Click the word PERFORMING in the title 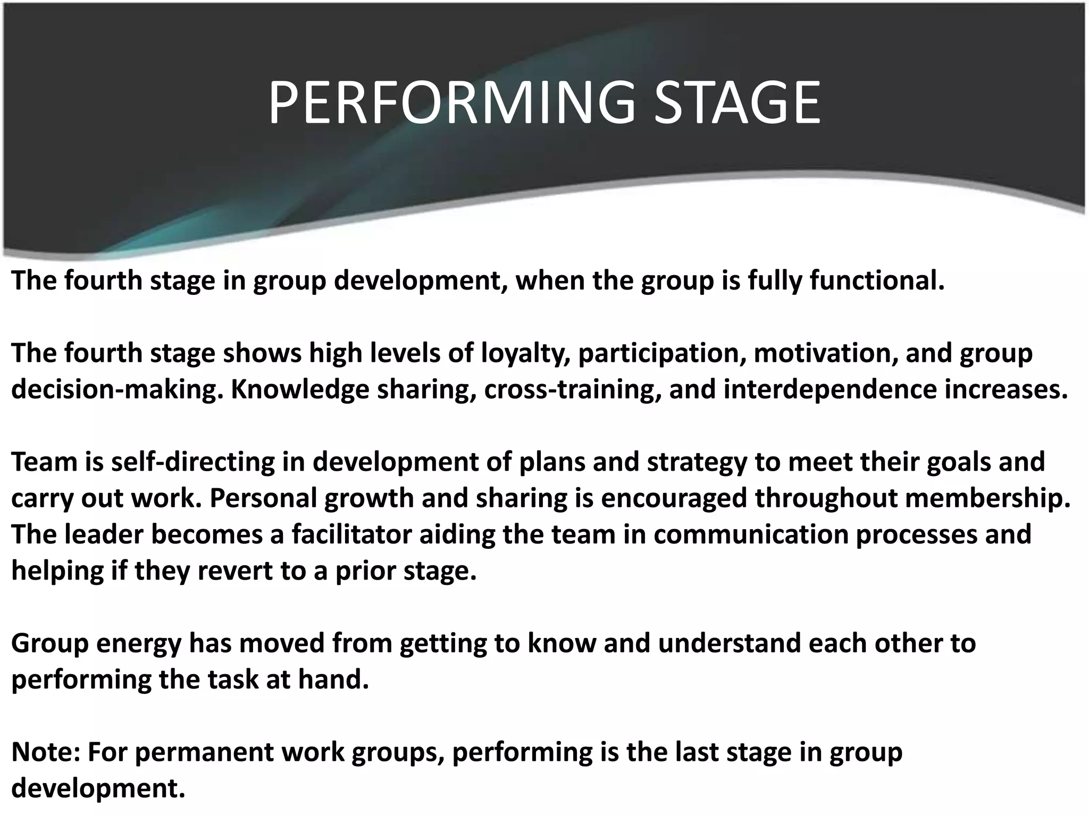tap(451, 103)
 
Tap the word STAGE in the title tap(736, 103)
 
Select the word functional tap(877, 280)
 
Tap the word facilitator tap(351, 534)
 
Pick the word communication tap(751, 534)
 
